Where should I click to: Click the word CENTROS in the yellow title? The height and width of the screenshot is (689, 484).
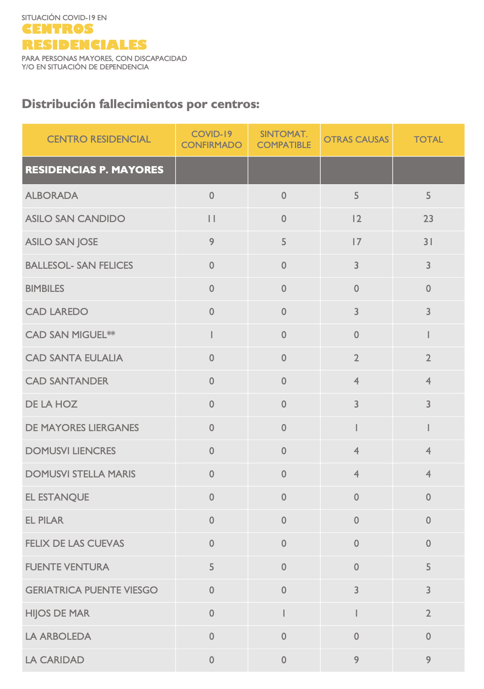click(58, 29)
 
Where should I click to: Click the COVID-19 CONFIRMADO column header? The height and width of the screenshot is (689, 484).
click(212, 140)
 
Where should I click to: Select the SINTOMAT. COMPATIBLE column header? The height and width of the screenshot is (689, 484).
click(284, 140)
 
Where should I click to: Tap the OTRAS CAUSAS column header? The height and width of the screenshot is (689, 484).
click(356, 140)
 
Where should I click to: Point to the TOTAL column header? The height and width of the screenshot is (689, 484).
click(428, 140)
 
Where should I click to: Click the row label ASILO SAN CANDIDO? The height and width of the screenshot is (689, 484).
click(75, 219)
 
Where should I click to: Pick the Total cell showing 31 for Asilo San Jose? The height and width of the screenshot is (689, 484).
click(428, 242)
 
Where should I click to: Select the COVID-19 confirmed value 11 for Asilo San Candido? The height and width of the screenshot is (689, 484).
click(212, 219)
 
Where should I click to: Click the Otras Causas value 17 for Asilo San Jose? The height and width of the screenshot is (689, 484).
click(356, 242)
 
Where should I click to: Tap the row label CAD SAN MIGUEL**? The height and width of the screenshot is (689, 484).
click(70, 335)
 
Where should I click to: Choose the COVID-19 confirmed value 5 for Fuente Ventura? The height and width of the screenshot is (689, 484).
click(212, 567)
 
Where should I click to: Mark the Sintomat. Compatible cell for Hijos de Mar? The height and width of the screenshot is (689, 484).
click(284, 613)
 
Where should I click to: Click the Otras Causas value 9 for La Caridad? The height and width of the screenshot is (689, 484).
click(356, 660)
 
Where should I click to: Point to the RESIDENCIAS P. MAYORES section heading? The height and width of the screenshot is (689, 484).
click(94, 170)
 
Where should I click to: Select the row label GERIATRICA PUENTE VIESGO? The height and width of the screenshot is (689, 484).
click(91, 590)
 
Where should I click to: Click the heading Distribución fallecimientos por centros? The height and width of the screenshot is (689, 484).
click(141, 104)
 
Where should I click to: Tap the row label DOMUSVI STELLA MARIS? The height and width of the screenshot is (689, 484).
click(80, 474)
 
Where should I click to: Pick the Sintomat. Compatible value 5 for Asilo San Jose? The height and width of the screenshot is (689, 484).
click(284, 242)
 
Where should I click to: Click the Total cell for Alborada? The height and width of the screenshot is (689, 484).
click(428, 196)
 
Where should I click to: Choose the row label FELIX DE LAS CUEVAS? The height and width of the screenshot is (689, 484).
click(75, 544)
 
